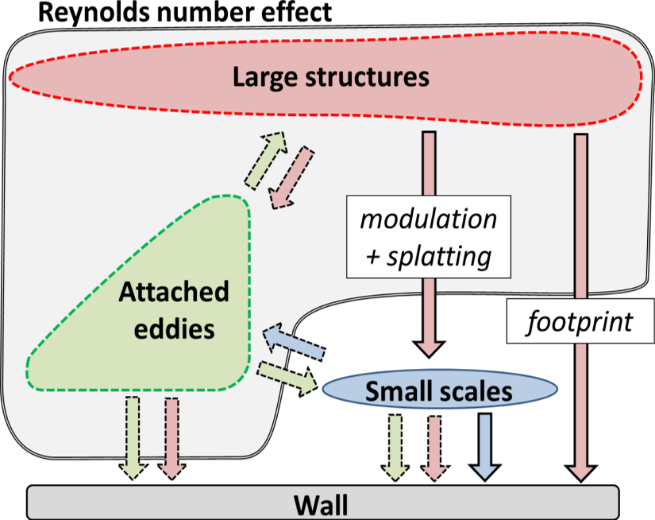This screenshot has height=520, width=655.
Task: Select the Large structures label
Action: coord(330,77)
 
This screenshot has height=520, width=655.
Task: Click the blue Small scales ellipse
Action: coord(441,390)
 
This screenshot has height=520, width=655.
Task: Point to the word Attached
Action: coord(174,293)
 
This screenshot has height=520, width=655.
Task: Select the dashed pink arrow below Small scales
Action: coord(433,448)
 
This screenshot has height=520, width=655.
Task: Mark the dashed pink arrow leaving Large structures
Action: coord(291,177)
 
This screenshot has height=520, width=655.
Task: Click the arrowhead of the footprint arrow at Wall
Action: coord(581,471)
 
